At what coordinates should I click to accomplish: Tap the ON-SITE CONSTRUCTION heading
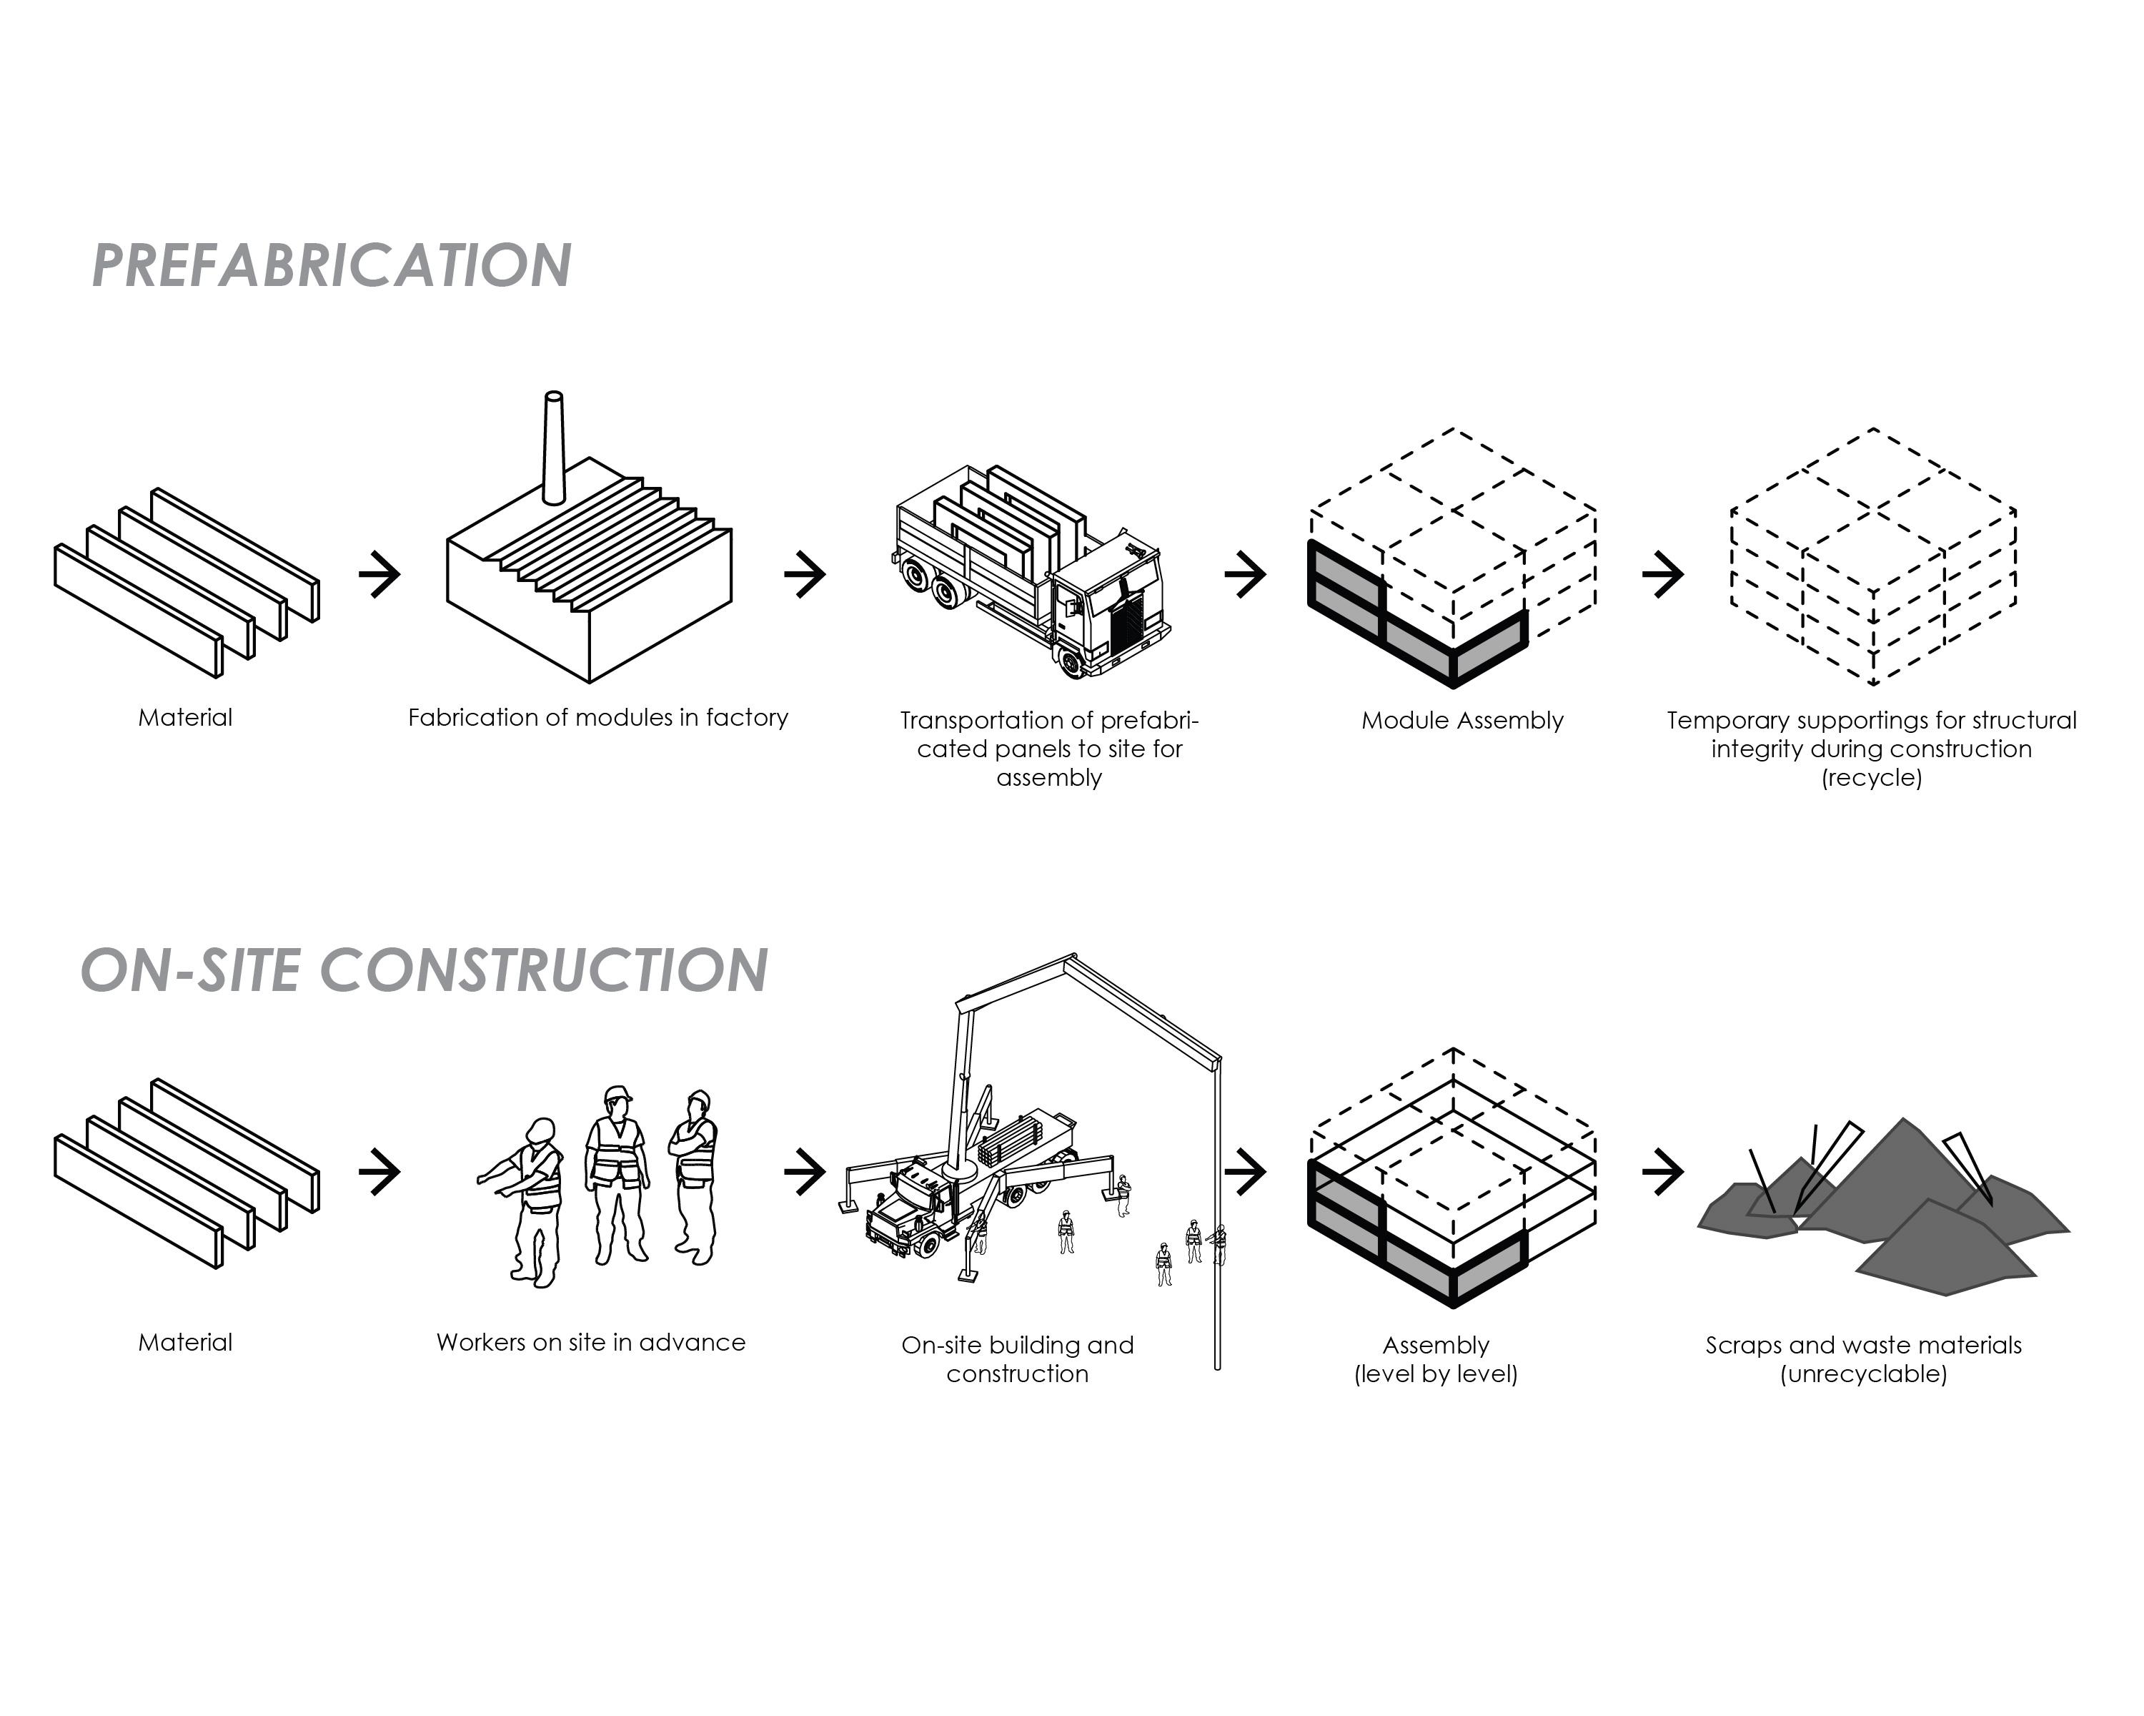coord(424,970)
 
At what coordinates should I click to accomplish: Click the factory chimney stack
coord(554,448)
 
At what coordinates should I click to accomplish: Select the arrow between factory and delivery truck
coord(805,574)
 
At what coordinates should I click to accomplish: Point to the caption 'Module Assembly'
coord(1461,720)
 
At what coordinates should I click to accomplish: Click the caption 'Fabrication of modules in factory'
coord(597,717)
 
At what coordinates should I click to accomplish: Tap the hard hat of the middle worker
coord(617,1094)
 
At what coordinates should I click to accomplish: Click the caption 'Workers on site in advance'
coord(591,1342)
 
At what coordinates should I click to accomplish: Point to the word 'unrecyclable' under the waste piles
coord(1864,1374)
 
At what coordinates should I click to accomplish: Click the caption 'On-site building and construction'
coord(1017,1359)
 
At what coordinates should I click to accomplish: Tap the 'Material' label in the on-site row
coord(185,1342)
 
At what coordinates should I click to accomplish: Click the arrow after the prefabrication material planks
coord(379,574)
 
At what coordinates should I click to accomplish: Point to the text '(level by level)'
coord(1436,1374)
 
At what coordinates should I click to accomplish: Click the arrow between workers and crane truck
coord(805,1171)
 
